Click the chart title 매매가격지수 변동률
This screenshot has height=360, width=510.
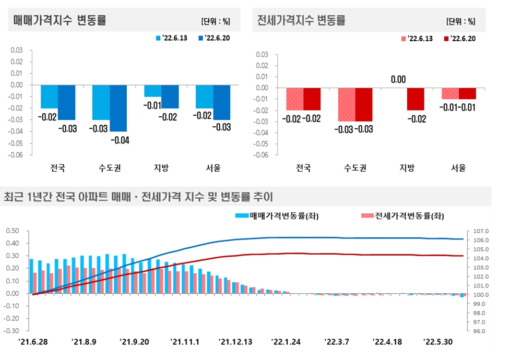tap(60, 20)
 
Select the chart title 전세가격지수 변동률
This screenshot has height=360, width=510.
tap(301, 20)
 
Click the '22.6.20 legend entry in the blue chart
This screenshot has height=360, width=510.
tap(215, 38)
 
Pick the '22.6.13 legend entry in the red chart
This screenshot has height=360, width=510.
tap(416, 39)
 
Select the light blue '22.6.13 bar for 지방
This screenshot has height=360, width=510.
tap(153, 91)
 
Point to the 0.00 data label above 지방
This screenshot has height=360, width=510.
tap(398, 79)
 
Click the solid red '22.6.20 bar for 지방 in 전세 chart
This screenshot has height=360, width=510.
tap(416, 99)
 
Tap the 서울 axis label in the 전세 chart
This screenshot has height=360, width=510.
tap(458, 168)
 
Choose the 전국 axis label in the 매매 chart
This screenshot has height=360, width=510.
tap(58, 168)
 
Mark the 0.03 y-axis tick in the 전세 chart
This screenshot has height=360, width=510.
tap(262, 54)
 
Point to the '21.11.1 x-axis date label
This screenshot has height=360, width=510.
tap(185, 342)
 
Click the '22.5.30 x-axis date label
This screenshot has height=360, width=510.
tap(437, 342)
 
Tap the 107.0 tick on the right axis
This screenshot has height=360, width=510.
tap(480, 231)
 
